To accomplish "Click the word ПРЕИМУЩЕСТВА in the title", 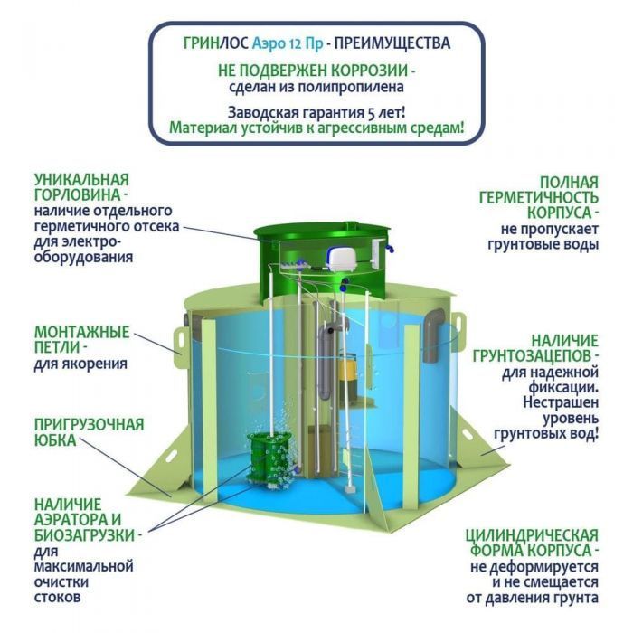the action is click(392, 43).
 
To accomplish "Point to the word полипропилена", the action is click(351, 88).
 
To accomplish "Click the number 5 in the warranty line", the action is click(372, 113).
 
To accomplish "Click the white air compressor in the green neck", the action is click(340, 256).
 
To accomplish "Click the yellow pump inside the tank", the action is click(347, 373).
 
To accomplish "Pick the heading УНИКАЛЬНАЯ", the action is click(82, 180).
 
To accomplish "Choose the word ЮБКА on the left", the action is click(55, 440).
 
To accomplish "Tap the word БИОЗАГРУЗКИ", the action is click(84, 535).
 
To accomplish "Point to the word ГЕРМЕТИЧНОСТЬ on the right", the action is click(539, 197).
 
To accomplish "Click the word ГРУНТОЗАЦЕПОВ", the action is click(532, 356).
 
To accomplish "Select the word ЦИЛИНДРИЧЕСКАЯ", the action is click(532, 535).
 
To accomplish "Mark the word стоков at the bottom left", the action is click(57, 598).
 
